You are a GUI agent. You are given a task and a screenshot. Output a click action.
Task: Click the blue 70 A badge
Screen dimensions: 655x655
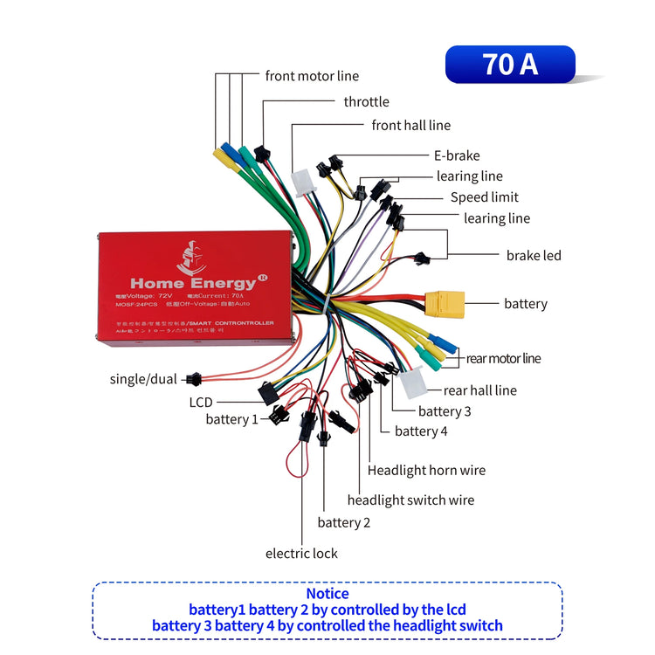pyautogui.click(x=510, y=65)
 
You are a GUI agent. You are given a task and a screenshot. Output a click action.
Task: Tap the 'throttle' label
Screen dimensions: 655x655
pyautogui.click(x=366, y=102)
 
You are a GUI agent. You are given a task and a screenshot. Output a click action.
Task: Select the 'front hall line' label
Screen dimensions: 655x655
pyautogui.click(x=410, y=126)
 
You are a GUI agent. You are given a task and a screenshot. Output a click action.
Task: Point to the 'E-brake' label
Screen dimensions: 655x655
pyautogui.click(x=457, y=155)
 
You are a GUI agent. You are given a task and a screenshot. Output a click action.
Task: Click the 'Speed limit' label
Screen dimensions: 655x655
pyautogui.click(x=484, y=197)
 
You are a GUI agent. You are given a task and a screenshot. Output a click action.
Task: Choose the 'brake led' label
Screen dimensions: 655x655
pyautogui.click(x=534, y=256)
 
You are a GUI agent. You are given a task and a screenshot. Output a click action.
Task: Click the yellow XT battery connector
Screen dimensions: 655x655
pyautogui.click(x=444, y=302)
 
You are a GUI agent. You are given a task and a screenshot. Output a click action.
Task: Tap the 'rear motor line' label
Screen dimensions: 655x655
pyautogui.click(x=503, y=358)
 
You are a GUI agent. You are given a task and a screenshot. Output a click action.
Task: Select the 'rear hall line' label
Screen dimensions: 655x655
pyautogui.click(x=479, y=390)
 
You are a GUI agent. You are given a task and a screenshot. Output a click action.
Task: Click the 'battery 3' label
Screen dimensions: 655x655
pyautogui.click(x=444, y=411)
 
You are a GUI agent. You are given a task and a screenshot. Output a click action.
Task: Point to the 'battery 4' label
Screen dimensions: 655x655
pyautogui.click(x=420, y=431)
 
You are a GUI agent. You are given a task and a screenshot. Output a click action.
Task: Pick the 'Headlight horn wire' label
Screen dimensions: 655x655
pyautogui.click(x=426, y=471)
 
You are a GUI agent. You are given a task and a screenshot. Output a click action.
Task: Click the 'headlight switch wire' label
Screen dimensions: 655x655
pyautogui.click(x=410, y=500)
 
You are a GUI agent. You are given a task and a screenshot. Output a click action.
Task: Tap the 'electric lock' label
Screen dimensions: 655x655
pyautogui.click(x=301, y=554)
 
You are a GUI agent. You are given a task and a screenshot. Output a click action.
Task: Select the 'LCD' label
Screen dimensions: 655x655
pyautogui.click(x=201, y=403)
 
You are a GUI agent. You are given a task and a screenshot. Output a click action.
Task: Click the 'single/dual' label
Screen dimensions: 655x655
pyautogui.click(x=143, y=379)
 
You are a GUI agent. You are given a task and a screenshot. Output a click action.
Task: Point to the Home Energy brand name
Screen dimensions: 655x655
pyautogui.click(x=193, y=283)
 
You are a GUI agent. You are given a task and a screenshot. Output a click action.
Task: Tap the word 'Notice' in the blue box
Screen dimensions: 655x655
pyautogui.click(x=327, y=594)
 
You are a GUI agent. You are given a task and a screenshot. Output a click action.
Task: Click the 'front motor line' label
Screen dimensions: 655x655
pyautogui.click(x=312, y=76)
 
